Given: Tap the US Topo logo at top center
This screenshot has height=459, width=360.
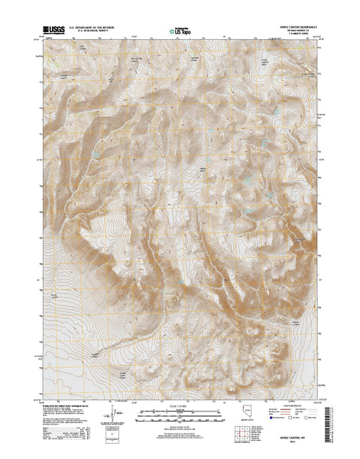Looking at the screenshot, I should pos(180,31).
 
